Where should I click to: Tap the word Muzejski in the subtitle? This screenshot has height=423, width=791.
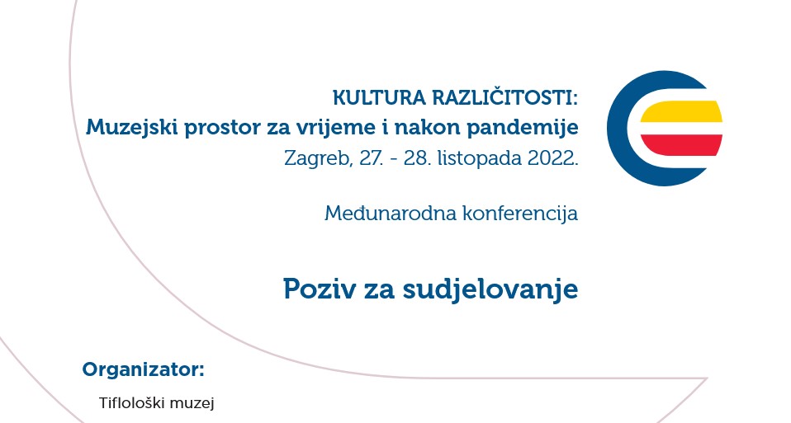click(x=131, y=128)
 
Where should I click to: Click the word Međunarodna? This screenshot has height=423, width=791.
click(x=391, y=214)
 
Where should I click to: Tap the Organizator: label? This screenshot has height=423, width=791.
click(x=144, y=370)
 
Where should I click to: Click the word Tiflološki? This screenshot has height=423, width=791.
click(x=131, y=403)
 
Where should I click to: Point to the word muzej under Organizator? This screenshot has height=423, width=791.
click(x=192, y=404)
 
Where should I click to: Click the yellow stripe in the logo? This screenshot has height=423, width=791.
click(x=681, y=112)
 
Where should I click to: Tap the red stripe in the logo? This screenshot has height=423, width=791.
click(x=681, y=145)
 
